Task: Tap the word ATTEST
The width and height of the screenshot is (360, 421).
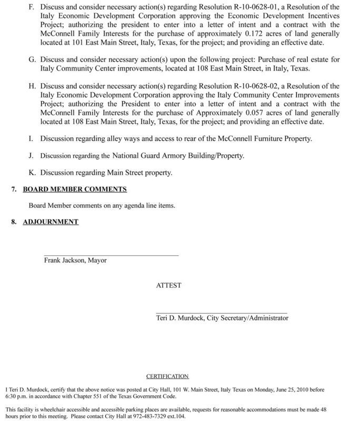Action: [168, 285]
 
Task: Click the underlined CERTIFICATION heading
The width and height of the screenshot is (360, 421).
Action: [167, 377]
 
